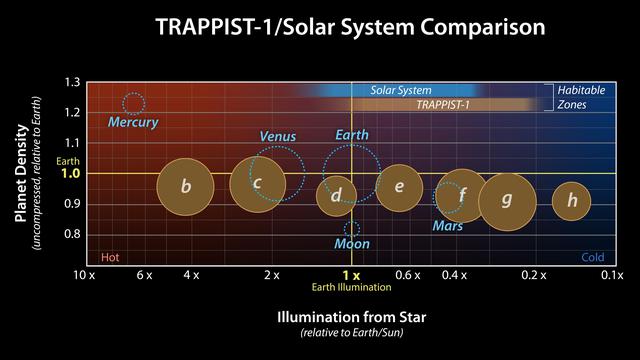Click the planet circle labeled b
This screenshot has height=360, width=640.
click(186, 186)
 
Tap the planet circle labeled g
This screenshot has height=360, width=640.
click(507, 200)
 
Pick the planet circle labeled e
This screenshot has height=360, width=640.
click(399, 187)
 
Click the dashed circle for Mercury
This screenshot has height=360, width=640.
click(133, 103)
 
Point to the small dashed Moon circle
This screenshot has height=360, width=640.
click(351, 229)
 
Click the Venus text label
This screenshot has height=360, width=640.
click(277, 136)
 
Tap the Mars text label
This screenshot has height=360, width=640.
click(448, 227)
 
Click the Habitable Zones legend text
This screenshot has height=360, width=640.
click(580, 97)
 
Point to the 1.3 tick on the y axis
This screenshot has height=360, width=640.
click(73, 82)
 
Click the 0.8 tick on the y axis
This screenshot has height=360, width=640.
click(73, 234)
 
